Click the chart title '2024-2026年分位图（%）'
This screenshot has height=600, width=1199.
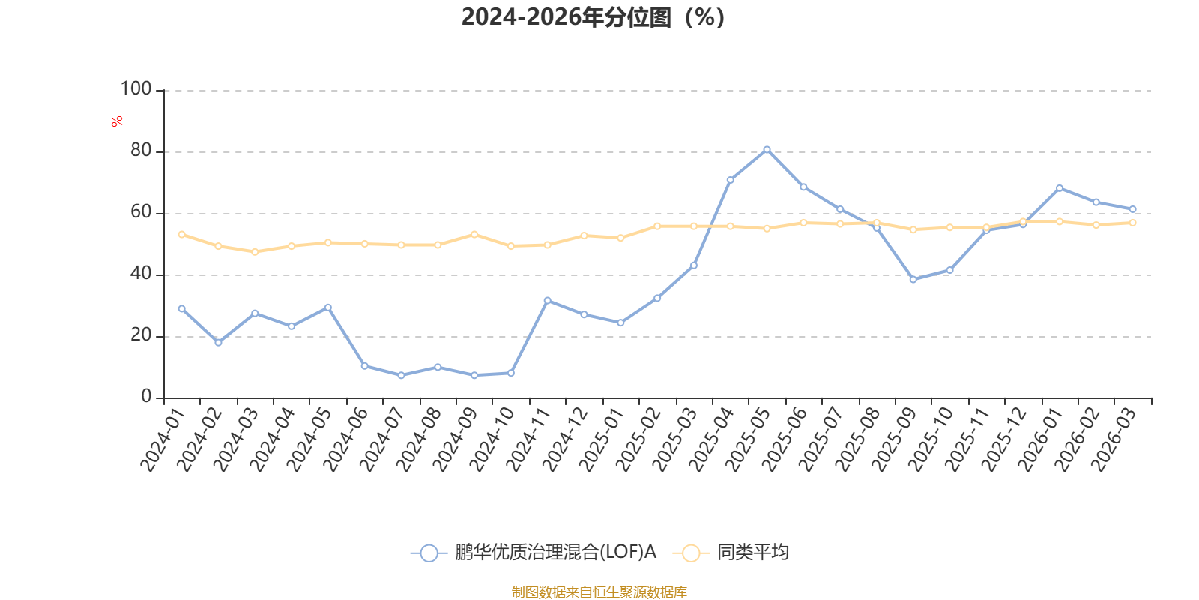coord(593,17)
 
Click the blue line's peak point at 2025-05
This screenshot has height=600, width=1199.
coord(767,149)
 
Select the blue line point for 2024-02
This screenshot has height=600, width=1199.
coord(218,342)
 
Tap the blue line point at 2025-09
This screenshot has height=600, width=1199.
coord(913,279)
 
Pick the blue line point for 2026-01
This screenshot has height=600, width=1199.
coord(1059,188)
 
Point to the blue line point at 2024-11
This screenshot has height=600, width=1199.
coord(547,300)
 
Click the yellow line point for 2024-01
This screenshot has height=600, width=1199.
coord(181,234)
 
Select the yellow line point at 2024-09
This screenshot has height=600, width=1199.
coord(474,234)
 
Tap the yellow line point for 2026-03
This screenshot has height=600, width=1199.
coord(1132,223)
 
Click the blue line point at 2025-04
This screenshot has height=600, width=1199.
coord(730,180)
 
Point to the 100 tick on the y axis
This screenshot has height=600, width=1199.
coord(136,89)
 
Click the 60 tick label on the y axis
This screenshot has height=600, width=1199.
coord(140,212)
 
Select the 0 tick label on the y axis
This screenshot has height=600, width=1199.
coord(146,397)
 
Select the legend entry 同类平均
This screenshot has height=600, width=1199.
coord(752,553)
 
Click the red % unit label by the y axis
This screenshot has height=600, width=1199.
coord(116,121)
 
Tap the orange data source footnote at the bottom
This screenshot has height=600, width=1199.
coord(599,592)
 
